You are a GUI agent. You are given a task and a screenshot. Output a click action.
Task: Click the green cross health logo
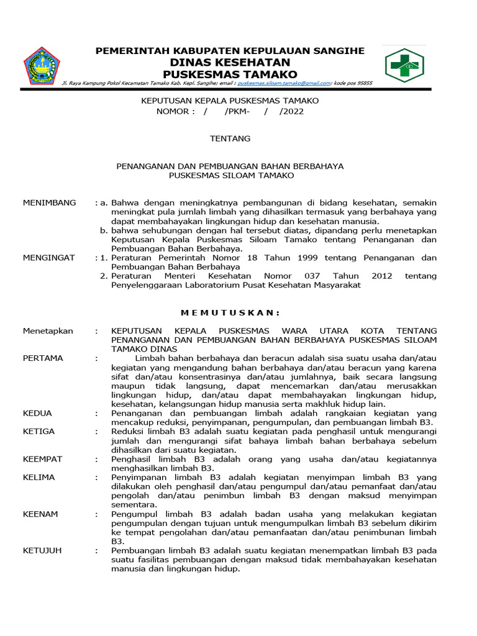(x=403, y=65)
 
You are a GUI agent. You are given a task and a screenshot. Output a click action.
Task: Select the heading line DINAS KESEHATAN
(x=230, y=63)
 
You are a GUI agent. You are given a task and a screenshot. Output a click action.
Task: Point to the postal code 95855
(x=361, y=83)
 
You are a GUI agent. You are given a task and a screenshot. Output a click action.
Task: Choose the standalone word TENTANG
(x=230, y=139)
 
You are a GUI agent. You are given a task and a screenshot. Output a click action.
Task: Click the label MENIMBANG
(x=49, y=202)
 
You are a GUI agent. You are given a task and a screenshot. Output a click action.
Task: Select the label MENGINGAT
(x=48, y=257)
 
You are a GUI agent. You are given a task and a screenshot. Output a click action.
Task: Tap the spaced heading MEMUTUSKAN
(x=230, y=312)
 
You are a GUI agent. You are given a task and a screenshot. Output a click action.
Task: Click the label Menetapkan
(x=48, y=331)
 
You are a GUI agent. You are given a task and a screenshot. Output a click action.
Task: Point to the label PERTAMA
(x=43, y=358)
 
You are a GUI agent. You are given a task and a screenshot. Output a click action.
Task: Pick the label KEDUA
(x=37, y=413)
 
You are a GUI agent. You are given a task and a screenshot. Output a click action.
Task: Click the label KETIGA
(x=39, y=432)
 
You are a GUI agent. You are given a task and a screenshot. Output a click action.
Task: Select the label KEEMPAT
(x=42, y=459)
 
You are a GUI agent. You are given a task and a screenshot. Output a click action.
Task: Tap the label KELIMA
(x=39, y=477)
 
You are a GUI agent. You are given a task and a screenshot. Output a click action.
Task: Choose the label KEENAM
(x=40, y=514)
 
